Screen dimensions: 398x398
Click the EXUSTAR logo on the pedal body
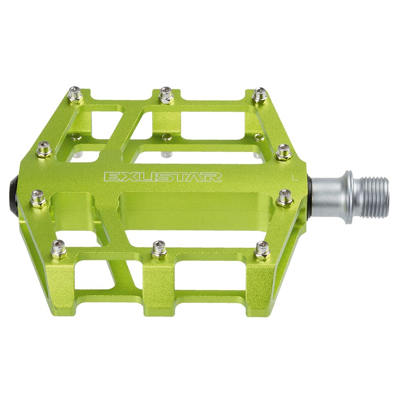pyautogui.click(x=163, y=177)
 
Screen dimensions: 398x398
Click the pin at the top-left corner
pyautogui.click(x=74, y=95)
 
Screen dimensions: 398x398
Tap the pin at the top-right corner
pyautogui.click(x=260, y=95)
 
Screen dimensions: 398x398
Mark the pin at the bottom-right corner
pyautogui.click(x=262, y=250)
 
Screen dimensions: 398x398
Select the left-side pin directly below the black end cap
pyautogui.click(x=38, y=198)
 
